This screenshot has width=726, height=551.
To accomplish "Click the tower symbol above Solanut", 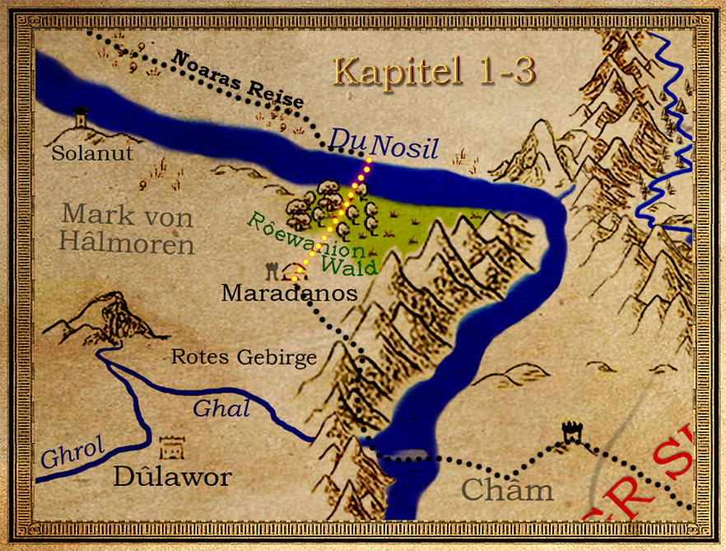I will (81, 118).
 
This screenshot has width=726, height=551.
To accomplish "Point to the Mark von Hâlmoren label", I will (128, 230).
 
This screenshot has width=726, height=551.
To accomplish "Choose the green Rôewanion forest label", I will (305, 236).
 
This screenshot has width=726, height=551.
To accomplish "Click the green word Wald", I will (350, 265).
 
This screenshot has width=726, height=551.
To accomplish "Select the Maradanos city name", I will (290, 292).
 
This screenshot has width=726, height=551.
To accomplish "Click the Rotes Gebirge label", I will (243, 357).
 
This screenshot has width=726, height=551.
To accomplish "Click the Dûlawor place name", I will (172, 476).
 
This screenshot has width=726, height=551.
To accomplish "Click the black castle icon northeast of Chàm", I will (570, 432).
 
